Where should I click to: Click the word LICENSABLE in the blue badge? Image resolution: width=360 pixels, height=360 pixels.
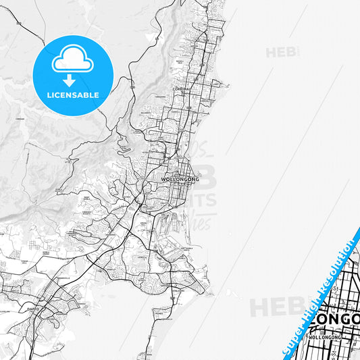(72, 95)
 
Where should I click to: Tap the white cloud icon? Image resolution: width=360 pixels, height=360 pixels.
(72, 61)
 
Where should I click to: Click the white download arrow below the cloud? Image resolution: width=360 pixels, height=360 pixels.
(72, 79)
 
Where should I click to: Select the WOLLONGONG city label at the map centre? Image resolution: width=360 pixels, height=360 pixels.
(180, 180)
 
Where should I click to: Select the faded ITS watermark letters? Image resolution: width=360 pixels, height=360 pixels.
(203, 201)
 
